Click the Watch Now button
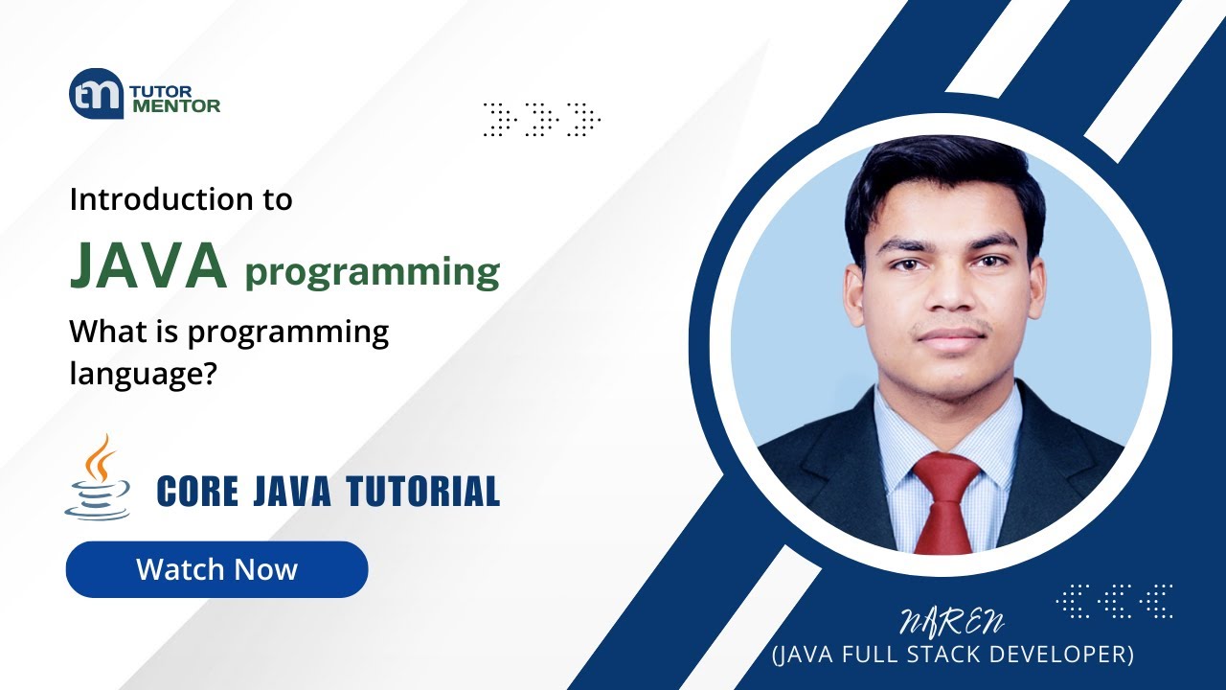coord(216,569)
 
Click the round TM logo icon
coord(96,94)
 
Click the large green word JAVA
coord(148,266)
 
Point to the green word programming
coord(373,272)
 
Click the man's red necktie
coord(946,499)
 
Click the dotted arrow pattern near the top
coord(541,119)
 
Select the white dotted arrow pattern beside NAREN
coord(1114,601)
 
